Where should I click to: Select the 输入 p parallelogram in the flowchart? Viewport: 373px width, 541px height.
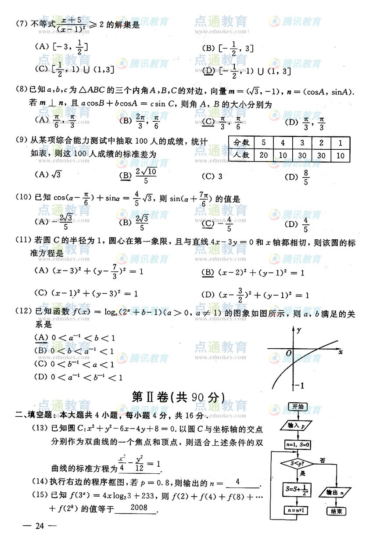[x=297, y=425]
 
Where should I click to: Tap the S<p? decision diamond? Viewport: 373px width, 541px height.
[x=297, y=463]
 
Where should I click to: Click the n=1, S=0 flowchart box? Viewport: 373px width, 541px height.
[x=297, y=444]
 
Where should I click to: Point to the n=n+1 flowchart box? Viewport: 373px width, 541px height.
[x=297, y=510]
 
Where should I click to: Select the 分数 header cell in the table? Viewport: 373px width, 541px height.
[x=241, y=143]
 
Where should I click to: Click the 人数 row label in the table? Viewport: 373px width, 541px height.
[x=241, y=155]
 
